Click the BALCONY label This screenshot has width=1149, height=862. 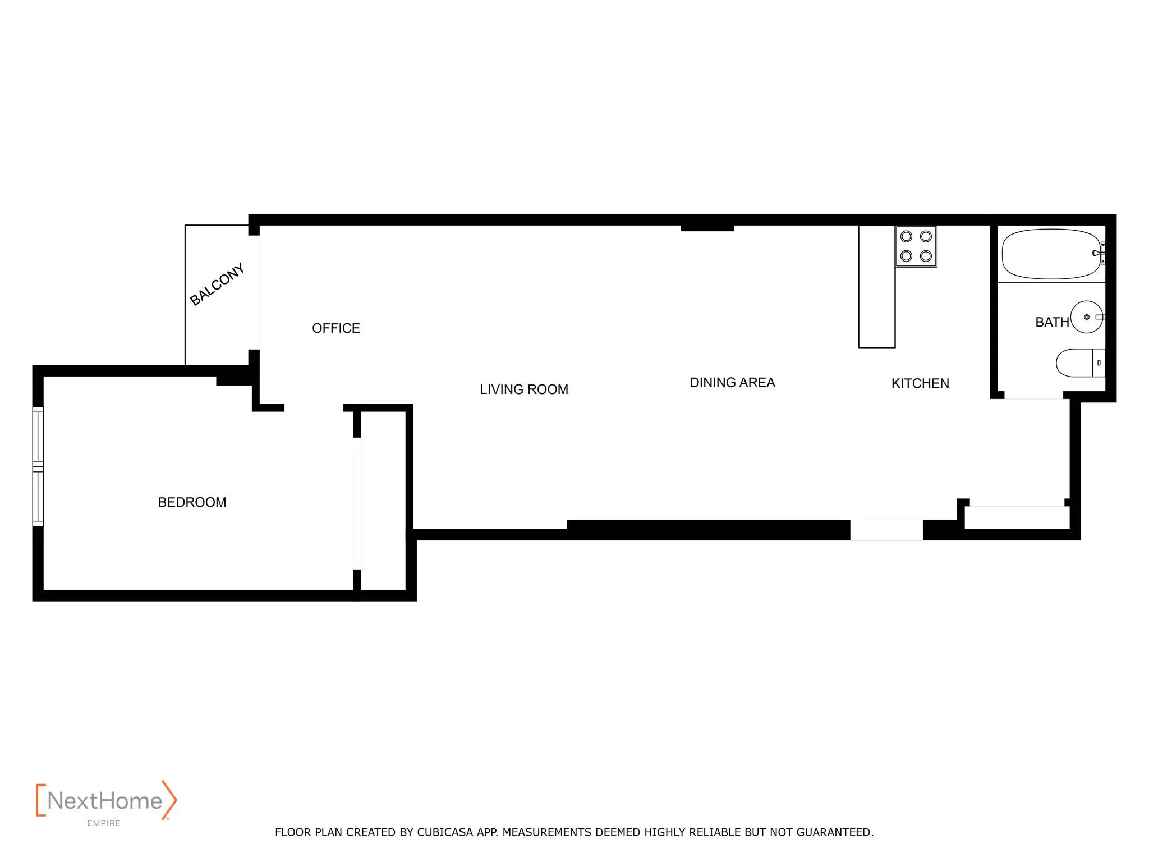click(x=217, y=285)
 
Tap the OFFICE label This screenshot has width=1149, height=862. click(x=335, y=328)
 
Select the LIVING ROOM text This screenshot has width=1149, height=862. click(x=523, y=389)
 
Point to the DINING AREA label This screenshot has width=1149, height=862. click(x=732, y=383)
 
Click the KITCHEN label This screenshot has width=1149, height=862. click(x=920, y=384)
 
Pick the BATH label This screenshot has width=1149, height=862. click(x=1051, y=323)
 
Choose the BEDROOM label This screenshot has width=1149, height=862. click(x=192, y=502)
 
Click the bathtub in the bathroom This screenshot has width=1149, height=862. click(x=1051, y=254)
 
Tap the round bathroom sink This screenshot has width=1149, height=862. click(x=1087, y=317)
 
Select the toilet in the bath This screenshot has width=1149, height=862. click(x=1078, y=363)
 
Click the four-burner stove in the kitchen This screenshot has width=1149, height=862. click(x=916, y=246)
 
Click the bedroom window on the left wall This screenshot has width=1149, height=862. click(x=38, y=466)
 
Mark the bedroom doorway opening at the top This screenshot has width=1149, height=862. click(x=314, y=407)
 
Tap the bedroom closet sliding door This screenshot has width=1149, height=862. click(x=357, y=503)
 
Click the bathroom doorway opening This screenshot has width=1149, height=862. click(x=1033, y=396)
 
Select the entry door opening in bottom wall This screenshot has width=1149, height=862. click(x=886, y=530)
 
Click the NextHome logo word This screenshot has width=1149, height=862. click(x=105, y=801)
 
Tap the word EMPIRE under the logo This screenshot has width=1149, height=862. click(x=104, y=823)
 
